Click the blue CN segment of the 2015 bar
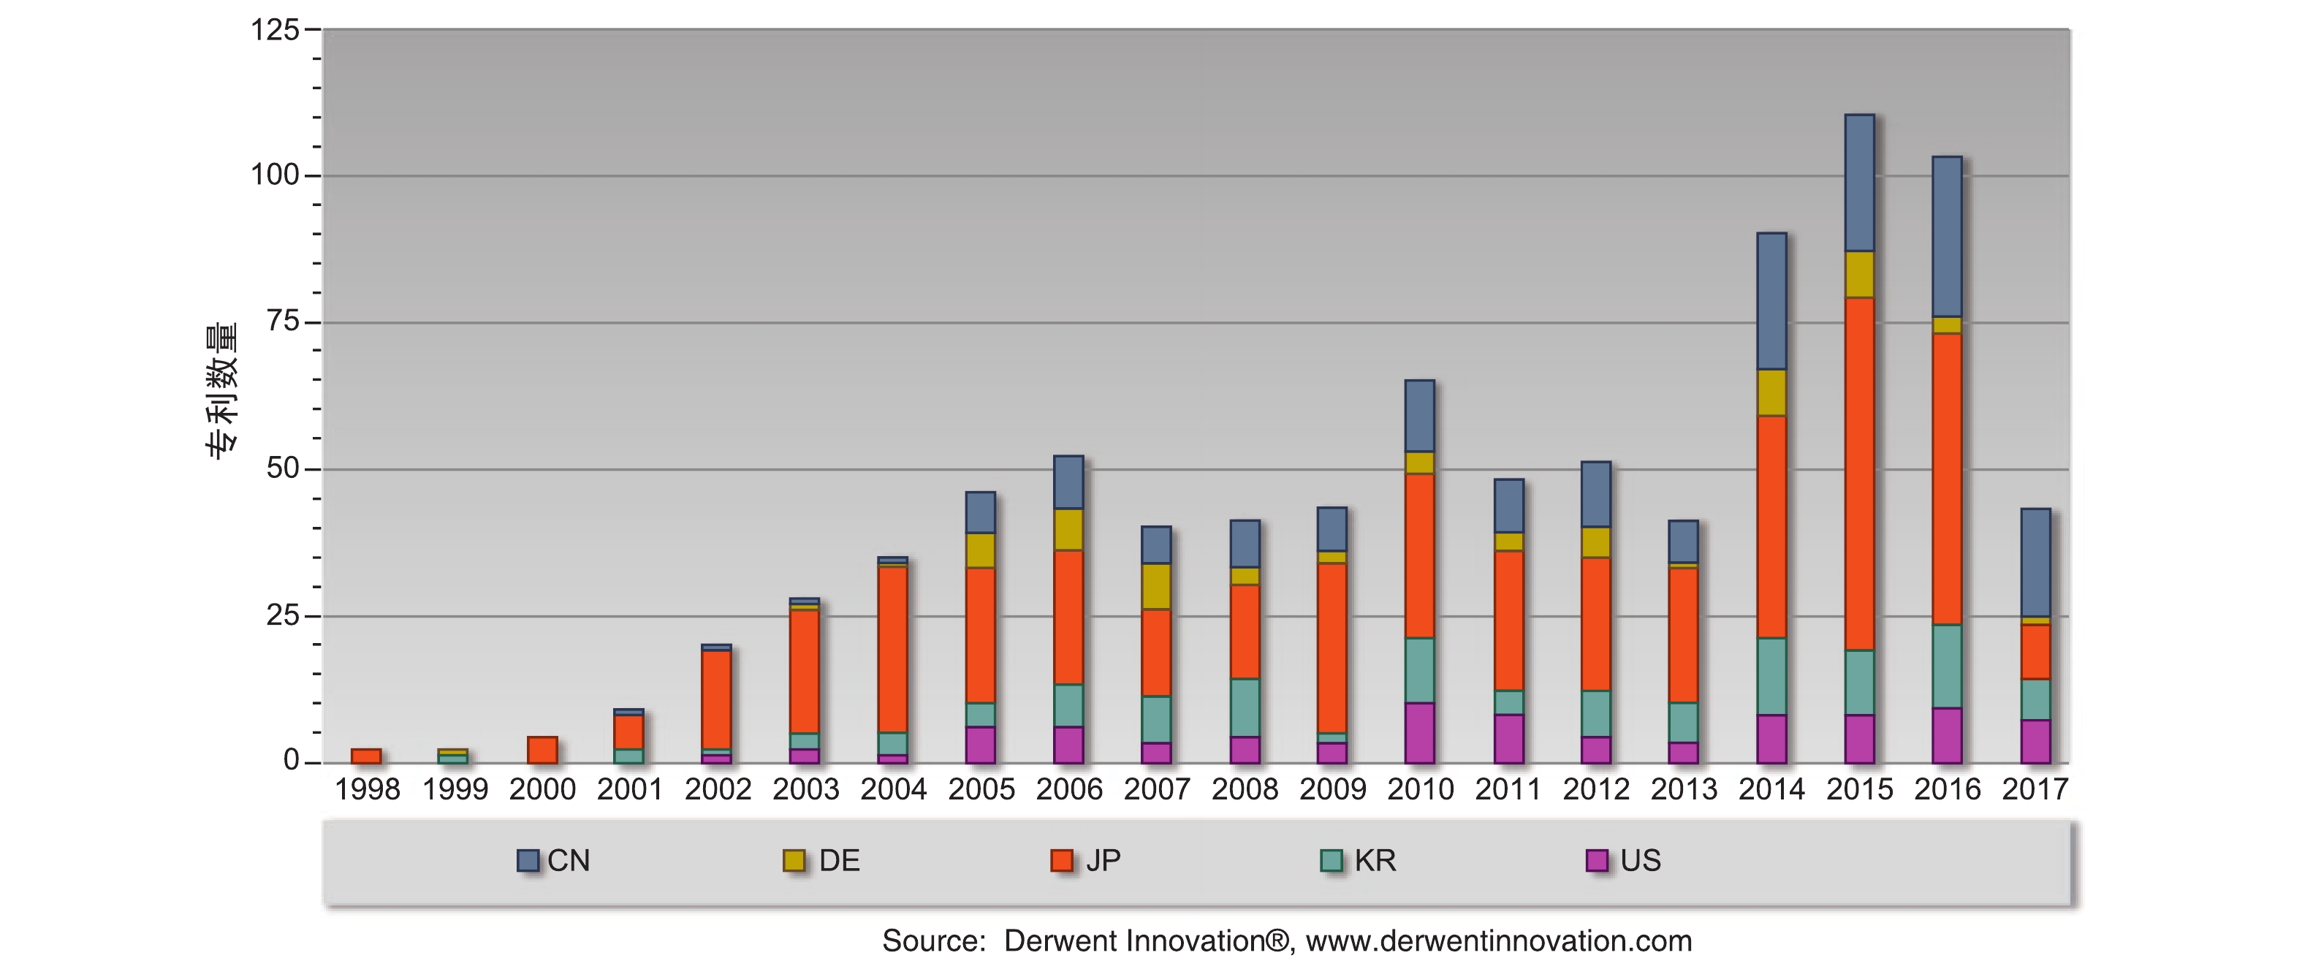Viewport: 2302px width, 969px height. [1860, 183]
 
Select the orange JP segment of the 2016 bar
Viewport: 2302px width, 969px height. [1948, 478]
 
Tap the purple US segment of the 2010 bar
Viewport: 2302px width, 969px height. [1420, 733]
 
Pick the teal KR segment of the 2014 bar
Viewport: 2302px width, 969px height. [1772, 676]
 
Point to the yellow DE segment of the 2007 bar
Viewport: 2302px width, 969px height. [1156, 586]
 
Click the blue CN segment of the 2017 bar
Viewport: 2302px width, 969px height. [2036, 563]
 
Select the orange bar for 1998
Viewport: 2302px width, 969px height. [366, 756]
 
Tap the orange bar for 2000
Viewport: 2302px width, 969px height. [542, 750]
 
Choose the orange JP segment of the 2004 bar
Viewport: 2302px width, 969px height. [893, 650]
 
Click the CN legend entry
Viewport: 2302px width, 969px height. [555, 860]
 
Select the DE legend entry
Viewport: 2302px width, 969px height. [822, 860]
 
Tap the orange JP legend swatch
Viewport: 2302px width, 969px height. [1062, 860]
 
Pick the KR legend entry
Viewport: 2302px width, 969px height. [1359, 860]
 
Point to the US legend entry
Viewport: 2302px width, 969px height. [1624, 860]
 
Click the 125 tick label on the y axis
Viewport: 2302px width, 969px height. [274, 31]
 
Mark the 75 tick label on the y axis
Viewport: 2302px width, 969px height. [284, 322]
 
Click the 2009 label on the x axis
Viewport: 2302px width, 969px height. [1332, 789]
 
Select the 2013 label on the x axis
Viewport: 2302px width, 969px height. [1684, 789]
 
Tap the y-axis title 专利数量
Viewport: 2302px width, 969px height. [222, 391]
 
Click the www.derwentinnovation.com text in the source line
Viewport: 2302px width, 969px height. [1499, 941]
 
